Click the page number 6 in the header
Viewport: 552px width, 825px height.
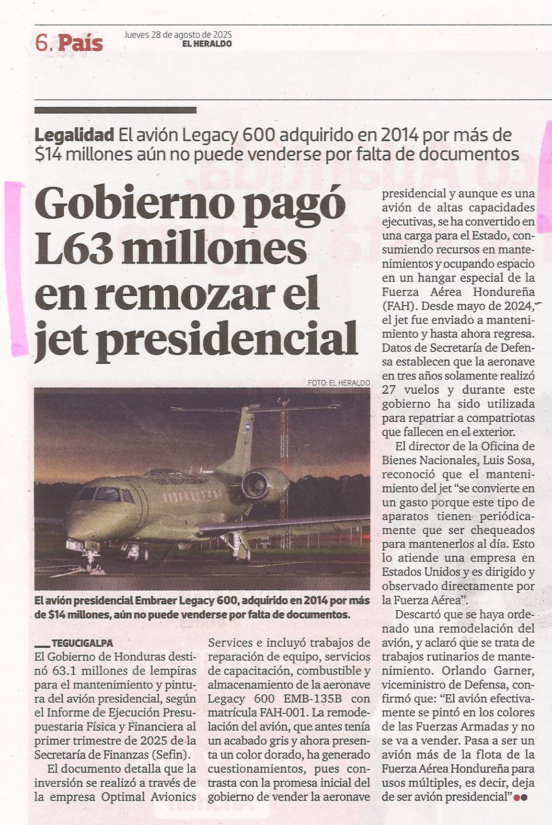(42, 44)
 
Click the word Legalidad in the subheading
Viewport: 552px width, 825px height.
(75, 136)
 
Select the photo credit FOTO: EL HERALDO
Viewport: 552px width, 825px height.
(339, 383)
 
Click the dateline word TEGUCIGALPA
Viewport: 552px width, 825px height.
(82, 643)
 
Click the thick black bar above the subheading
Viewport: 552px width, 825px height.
(115, 110)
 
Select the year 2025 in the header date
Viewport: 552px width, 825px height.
(222, 34)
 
